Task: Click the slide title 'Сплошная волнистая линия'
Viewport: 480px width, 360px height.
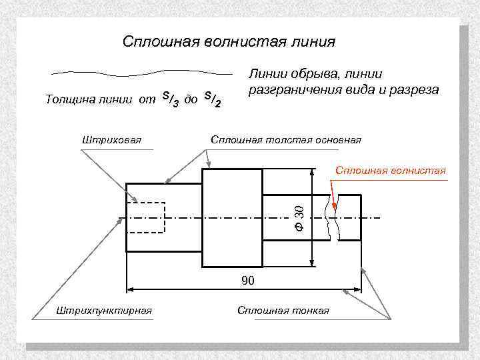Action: tap(229, 42)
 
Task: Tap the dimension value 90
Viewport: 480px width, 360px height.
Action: tap(248, 281)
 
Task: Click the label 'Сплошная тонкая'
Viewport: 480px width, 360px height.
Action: tap(283, 311)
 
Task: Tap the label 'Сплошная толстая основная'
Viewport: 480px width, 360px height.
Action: tap(286, 140)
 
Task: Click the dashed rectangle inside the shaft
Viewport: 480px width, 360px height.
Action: tap(146, 215)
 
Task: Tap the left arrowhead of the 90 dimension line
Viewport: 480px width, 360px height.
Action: tap(131, 289)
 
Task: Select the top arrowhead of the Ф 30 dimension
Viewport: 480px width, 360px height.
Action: tap(311, 171)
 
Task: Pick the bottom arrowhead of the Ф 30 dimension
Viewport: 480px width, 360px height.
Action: tap(311, 262)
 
